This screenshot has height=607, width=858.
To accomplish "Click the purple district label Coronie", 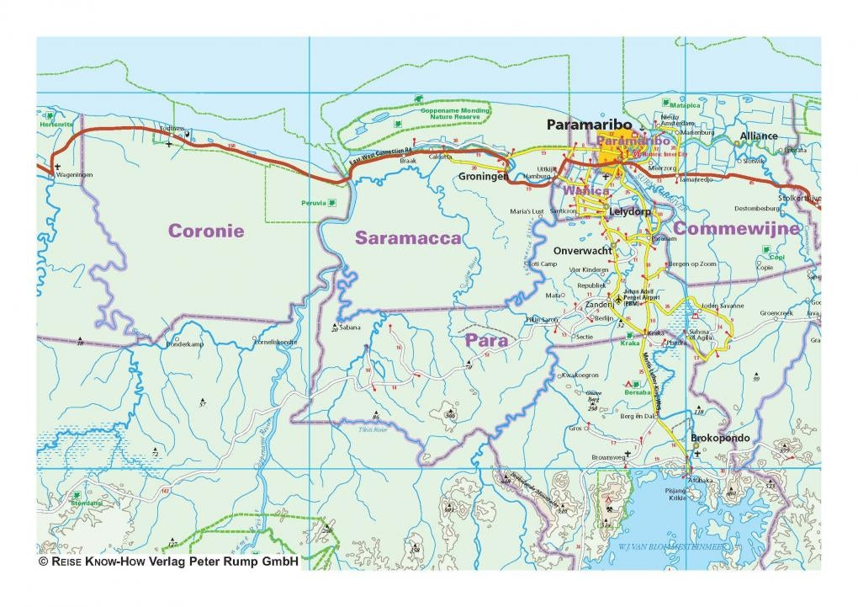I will click(206, 231).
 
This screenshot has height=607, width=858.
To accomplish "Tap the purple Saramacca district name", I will click(408, 238).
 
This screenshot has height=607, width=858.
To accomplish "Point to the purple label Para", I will click(486, 341).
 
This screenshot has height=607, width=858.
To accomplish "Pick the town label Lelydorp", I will click(631, 212).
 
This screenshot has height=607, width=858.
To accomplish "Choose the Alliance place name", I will click(760, 136).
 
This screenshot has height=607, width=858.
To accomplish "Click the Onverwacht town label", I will click(582, 251).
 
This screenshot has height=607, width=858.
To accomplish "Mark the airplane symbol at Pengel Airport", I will click(620, 299).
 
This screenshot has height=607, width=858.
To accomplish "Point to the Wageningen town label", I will click(73, 175).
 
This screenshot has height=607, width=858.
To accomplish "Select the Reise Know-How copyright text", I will click(169, 561).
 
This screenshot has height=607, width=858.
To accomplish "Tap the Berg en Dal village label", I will click(638, 417).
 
